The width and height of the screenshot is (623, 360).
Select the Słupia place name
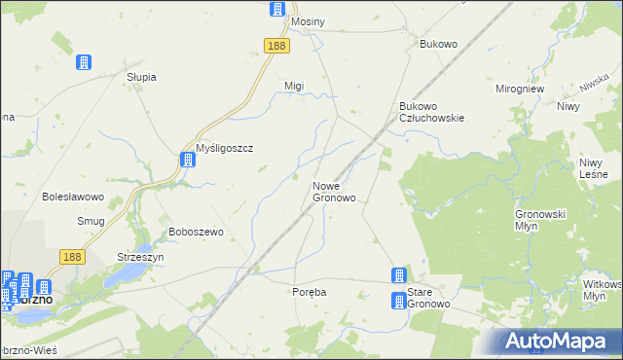[142, 77]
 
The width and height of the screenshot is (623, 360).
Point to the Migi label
[294, 86]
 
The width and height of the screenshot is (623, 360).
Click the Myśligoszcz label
[225, 148]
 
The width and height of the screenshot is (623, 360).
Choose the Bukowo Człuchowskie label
[432, 111]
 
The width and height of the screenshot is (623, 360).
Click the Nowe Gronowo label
[333, 191]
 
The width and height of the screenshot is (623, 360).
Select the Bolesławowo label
[73, 197]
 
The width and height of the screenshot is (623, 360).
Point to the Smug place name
[91, 221]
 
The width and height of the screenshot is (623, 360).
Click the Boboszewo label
[197, 232]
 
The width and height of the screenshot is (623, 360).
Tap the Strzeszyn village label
[140, 257]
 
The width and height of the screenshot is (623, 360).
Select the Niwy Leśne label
[594, 168]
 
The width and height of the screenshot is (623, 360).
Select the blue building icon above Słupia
[84, 62]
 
